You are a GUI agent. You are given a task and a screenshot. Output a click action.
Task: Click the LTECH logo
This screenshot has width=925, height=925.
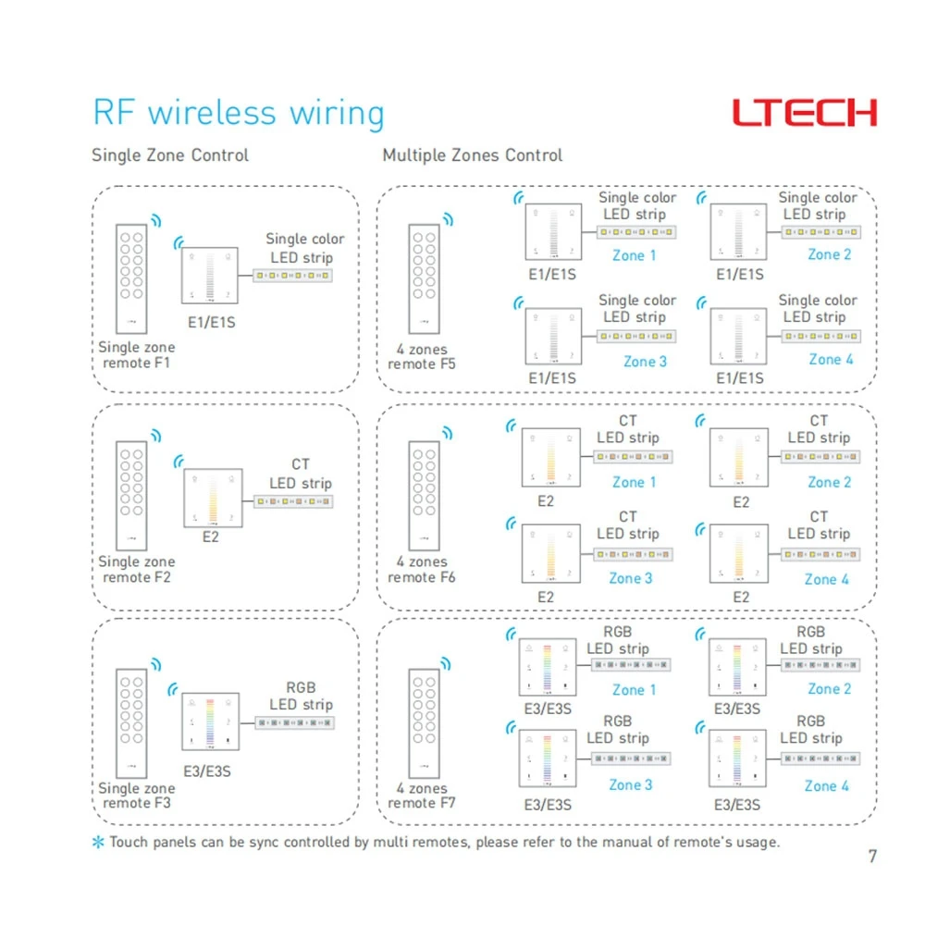point(805,113)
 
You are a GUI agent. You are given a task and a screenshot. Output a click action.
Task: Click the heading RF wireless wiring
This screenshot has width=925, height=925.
point(239,113)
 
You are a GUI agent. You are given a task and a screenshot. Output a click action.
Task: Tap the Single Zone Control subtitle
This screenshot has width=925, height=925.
point(170,155)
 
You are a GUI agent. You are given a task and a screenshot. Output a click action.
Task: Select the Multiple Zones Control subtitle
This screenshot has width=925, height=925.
point(473,155)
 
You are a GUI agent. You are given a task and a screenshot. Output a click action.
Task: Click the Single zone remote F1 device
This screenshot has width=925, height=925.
point(131,279)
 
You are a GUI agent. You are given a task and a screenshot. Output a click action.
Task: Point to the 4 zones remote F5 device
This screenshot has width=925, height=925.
point(425,279)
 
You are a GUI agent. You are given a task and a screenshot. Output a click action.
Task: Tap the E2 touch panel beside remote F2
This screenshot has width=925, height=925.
point(213,498)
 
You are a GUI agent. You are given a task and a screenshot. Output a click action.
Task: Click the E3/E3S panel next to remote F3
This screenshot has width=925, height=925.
point(211,721)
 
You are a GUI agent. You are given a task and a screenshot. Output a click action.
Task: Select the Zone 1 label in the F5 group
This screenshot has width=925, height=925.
point(635,255)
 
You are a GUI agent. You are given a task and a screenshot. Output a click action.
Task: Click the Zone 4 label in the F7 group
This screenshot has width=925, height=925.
point(826,785)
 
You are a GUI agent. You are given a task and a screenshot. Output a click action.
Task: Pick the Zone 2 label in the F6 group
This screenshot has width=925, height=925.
point(830,482)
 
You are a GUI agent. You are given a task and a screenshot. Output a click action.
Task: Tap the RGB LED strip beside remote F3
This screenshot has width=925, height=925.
point(295,722)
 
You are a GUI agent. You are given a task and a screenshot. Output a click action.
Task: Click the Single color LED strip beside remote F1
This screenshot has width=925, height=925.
point(292,276)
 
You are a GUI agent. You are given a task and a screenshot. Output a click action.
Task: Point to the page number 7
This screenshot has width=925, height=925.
point(872,856)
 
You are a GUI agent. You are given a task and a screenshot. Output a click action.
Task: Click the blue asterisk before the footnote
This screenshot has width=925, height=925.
point(98,842)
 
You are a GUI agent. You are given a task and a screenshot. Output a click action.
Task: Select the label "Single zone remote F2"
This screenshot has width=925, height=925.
point(136,569)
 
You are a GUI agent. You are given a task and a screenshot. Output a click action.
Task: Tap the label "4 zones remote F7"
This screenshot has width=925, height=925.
point(421,795)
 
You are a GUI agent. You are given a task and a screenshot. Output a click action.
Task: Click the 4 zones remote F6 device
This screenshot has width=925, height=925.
point(425,496)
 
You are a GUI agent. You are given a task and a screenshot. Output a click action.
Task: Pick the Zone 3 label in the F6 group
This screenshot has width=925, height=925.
point(631,578)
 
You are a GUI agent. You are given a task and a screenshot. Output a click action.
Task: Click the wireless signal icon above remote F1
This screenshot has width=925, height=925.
point(156,221)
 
